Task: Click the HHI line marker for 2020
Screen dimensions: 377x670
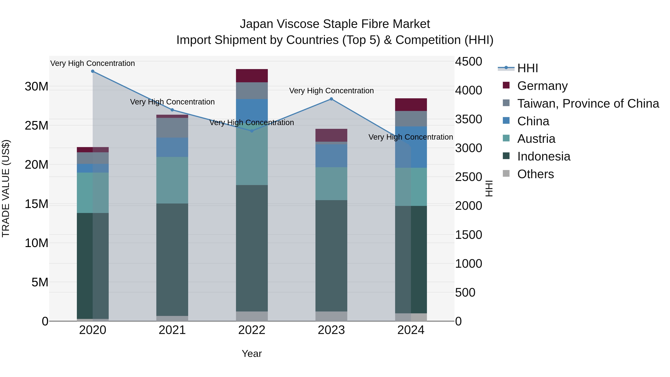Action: (93, 71)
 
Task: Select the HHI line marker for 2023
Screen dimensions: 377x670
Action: (331, 99)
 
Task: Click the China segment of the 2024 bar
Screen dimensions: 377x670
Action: (411, 147)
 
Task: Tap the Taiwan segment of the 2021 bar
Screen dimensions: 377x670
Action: (172, 128)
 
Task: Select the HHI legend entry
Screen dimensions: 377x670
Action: (527, 68)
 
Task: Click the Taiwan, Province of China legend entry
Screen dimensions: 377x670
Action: (588, 104)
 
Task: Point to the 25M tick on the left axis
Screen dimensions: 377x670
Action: (36, 126)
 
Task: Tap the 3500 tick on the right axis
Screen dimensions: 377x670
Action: (468, 119)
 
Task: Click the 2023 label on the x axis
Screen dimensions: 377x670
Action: (331, 330)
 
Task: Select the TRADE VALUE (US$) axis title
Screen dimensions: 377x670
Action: (6, 188)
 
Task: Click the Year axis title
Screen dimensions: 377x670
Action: (251, 354)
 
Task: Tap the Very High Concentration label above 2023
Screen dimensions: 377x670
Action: (331, 91)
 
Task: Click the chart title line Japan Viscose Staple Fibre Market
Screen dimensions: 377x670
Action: (335, 24)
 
